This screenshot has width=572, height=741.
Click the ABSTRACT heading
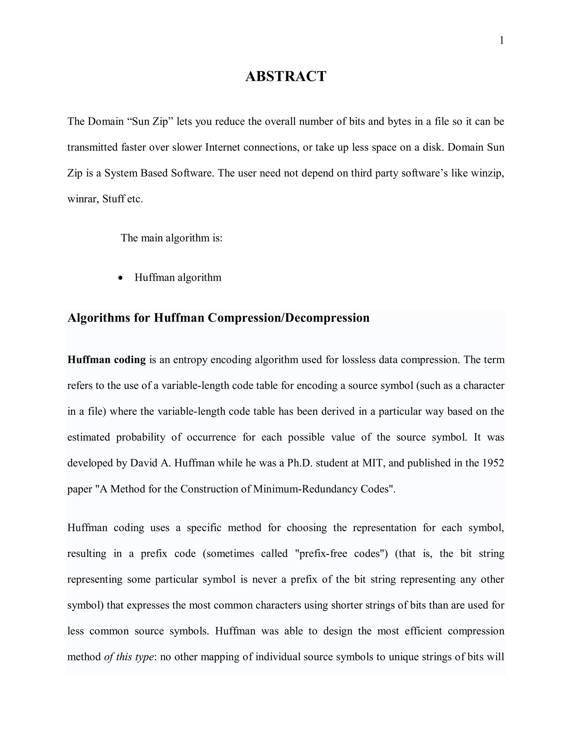(x=286, y=76)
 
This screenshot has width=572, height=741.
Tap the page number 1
(x=502, y=41)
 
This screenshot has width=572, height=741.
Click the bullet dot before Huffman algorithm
(x=121, y=278)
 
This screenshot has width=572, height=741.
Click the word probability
(x=141, y=437)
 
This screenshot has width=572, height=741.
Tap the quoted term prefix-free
(x=324, y=554)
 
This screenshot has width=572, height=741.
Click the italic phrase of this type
(x=129, y=657)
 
